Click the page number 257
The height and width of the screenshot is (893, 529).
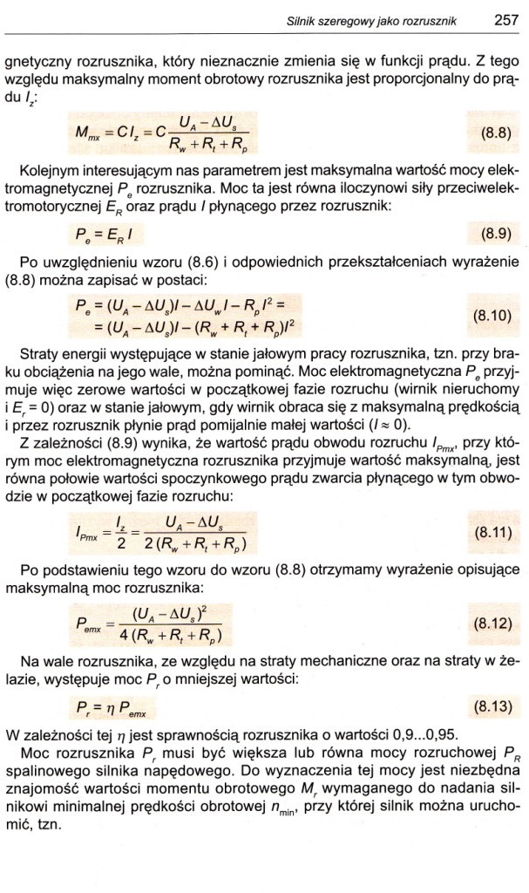505,17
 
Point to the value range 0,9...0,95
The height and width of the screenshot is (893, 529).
410,733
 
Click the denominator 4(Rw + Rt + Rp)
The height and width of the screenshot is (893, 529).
173,635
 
